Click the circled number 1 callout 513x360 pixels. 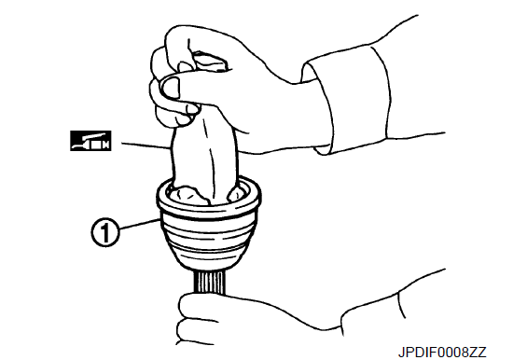point(105,232)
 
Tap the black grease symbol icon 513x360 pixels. point(90,141)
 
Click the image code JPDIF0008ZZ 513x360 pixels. point(442,353)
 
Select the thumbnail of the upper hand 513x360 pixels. point(172,88)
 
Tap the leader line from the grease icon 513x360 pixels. point(146,145)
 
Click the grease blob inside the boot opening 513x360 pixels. point(188,195)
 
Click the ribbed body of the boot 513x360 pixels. point(209,239)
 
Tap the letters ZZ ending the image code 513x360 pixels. point(478,353)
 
